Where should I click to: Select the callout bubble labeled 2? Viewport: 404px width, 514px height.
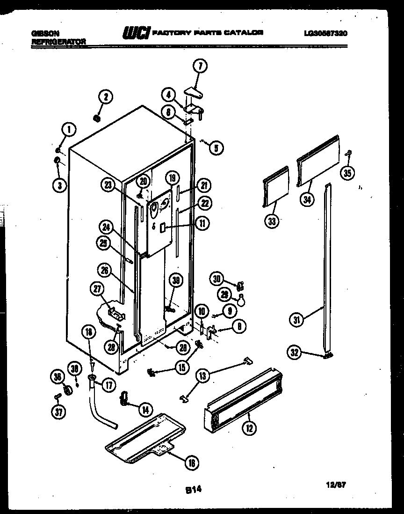[x=105, y=97]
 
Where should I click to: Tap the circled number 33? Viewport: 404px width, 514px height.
[x=272, y=221]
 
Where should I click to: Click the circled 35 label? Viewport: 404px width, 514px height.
[x=346, y=173]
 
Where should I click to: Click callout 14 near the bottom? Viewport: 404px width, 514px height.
[x=145, y=409]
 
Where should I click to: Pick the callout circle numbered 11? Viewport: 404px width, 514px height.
[x=202, y=223]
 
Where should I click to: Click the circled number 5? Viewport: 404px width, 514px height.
[x=216, y=148]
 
